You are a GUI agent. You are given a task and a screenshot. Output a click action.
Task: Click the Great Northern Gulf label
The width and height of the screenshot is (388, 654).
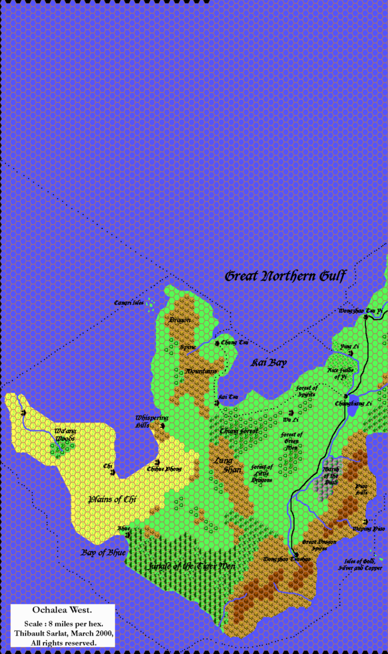coord(285,276)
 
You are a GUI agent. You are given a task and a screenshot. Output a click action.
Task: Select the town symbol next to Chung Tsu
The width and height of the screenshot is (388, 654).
coord(217,343)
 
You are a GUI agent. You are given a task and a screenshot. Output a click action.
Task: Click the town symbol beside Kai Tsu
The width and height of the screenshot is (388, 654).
coord(217,402)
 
